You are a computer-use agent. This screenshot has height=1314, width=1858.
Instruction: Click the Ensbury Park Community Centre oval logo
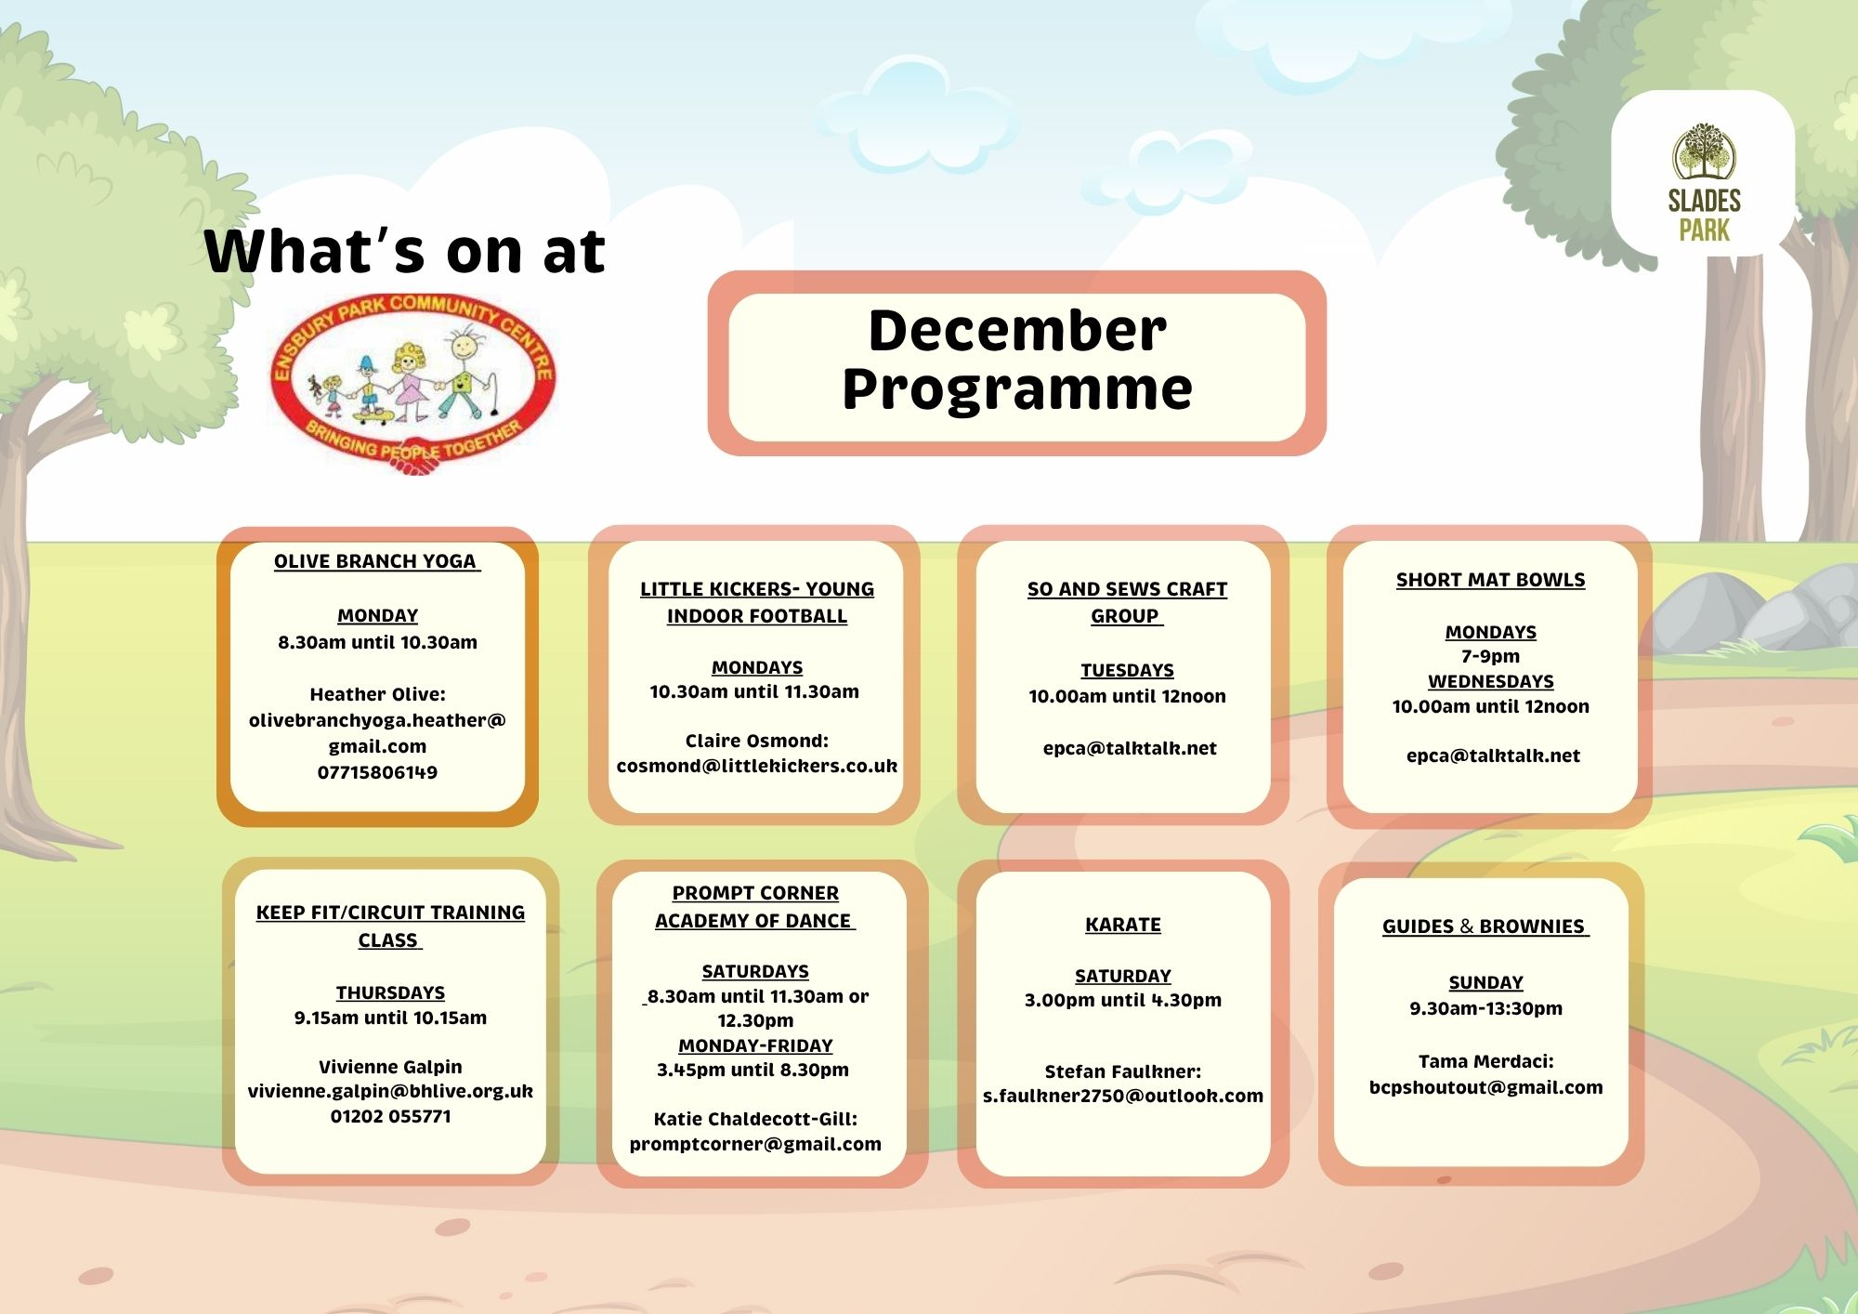413,383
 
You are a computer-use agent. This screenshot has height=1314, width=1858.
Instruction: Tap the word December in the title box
1017,331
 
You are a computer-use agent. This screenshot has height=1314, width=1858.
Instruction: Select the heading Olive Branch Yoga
375,561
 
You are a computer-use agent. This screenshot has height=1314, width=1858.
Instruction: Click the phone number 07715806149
377,772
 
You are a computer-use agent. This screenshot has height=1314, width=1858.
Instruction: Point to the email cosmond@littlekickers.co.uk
757,766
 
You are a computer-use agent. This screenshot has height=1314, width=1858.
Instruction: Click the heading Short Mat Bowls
1490,580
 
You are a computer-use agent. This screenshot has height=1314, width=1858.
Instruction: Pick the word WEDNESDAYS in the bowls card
1490,681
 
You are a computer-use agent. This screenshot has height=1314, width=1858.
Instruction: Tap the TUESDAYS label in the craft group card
1127,670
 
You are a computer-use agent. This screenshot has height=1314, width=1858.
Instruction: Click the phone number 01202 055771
390,1116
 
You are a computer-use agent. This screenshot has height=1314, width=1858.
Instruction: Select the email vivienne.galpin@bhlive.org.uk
390,1091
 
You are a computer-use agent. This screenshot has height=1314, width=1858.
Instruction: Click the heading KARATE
1123,925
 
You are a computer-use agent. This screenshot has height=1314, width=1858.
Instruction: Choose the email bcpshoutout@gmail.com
1485,1087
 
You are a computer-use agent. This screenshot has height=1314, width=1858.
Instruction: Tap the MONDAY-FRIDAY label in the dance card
755,1045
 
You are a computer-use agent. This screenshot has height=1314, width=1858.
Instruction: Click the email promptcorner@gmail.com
755,1144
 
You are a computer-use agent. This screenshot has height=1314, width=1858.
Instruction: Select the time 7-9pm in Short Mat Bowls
1490,656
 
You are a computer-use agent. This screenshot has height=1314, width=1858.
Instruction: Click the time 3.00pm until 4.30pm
1123,1000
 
